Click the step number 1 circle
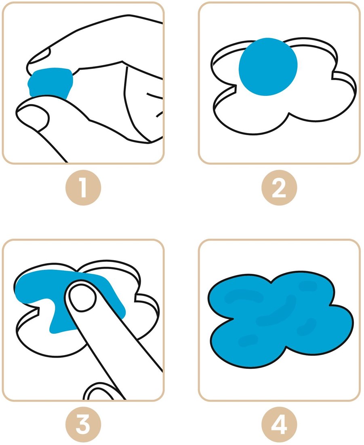[83, 188]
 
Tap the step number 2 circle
[279, 188]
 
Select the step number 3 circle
[83, 425]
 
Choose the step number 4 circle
[279, 425]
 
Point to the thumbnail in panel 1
[32, 114]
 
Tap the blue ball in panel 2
[268, 67]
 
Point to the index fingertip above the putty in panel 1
[38, 57]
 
